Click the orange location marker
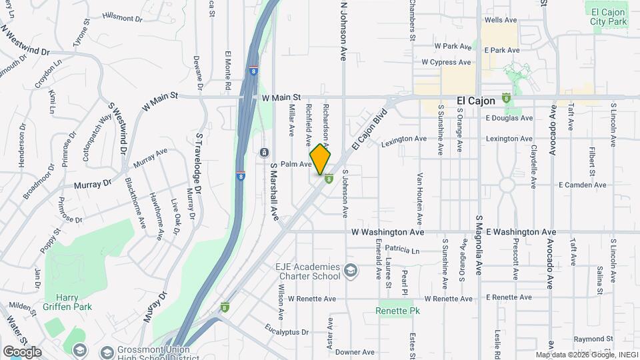[x=320, y=159]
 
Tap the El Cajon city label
[x=476, y=101]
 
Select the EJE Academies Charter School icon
[x=351, y=271]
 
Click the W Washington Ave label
[x=388, y=232]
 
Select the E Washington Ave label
[x=521, y=232]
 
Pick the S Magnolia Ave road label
[x=479, y=245]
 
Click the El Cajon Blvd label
[x=368, y=127]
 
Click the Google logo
[x=21, y=352]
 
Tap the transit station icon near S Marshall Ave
[x=265, y=153]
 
